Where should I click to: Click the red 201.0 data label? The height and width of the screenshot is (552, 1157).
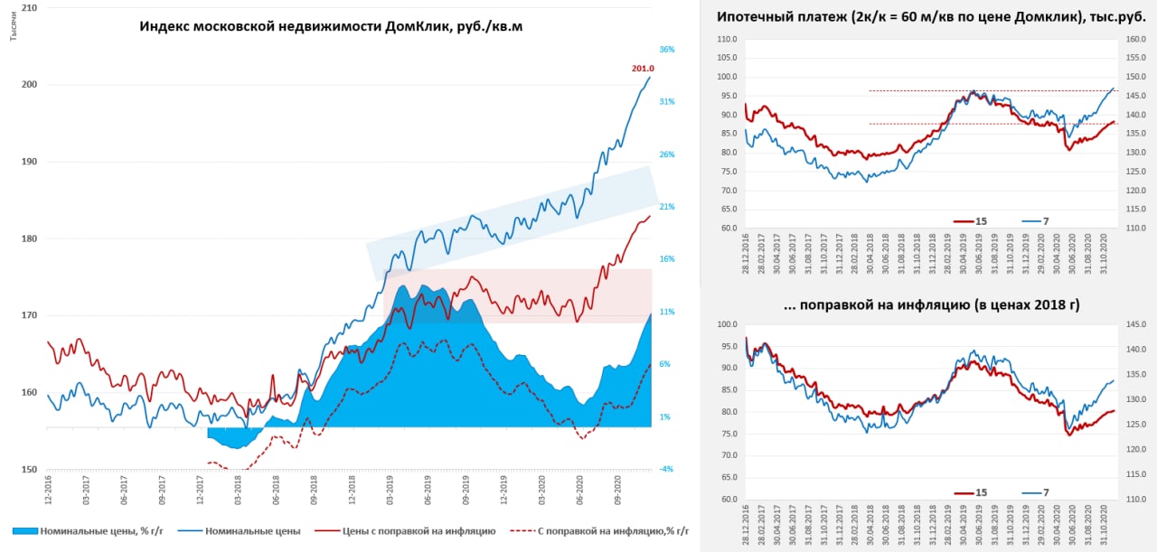pos(643,69)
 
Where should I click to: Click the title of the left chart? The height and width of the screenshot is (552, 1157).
pos(331,27)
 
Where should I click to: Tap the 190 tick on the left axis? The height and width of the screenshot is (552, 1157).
pos(29,163)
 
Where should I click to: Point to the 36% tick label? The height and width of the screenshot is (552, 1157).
pos(667,50)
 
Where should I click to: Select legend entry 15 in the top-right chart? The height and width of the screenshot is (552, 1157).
pos(981,220)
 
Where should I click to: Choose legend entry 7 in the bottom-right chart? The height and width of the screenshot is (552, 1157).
pos(1044,492)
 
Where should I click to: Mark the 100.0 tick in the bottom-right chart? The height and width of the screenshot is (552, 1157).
pos(726,324)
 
